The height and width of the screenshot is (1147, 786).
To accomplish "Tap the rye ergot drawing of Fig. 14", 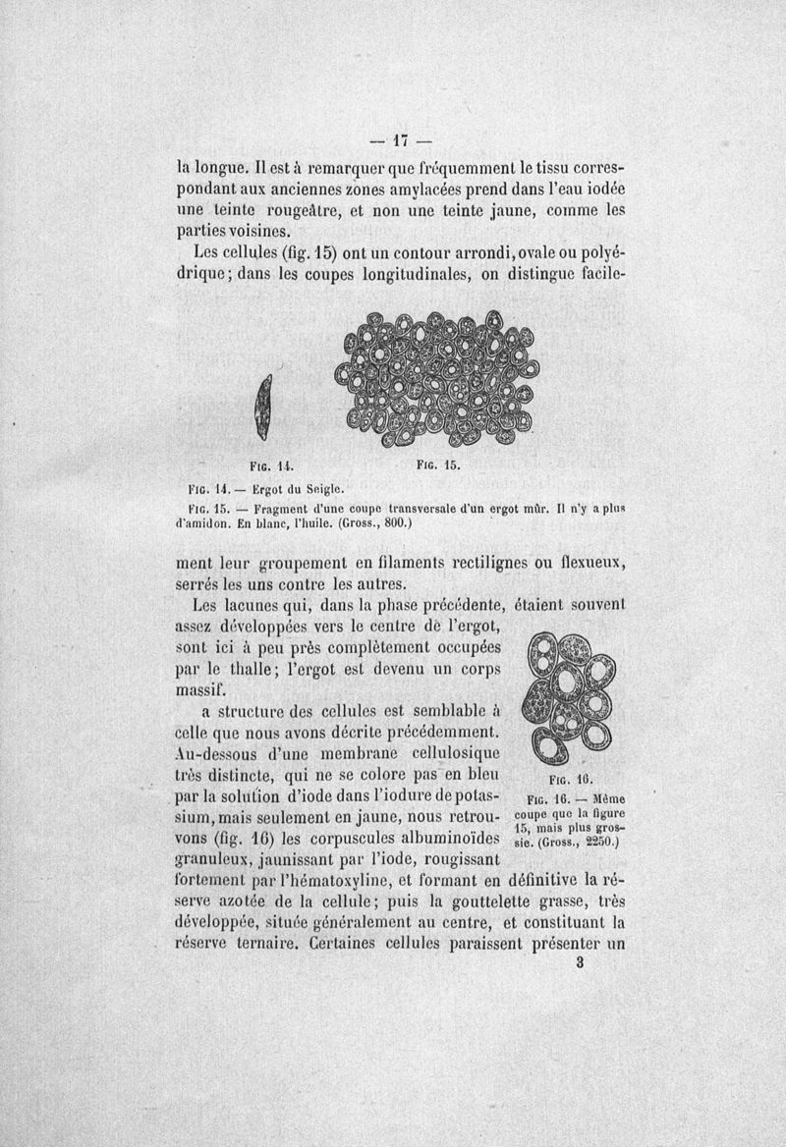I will (x=262, y=408).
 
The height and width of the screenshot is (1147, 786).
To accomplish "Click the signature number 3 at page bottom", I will (x=581, y=963).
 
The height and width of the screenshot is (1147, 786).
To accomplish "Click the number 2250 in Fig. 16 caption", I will (x=601, y=841).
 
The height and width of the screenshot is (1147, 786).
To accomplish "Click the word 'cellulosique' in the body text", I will (x=449, y=752).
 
